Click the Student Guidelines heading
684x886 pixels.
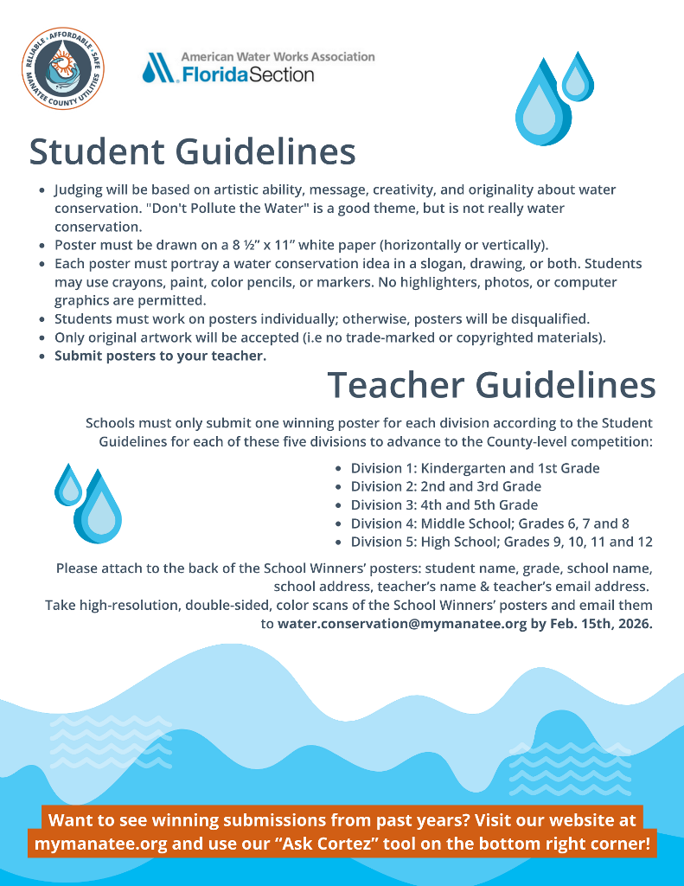[192, 151]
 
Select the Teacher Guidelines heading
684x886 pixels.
[491, 385]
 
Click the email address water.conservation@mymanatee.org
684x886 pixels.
[402, 623]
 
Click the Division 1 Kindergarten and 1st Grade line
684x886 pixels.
[475, 468]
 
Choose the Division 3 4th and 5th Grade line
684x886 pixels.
[444, 504]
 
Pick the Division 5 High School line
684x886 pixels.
[501, 542]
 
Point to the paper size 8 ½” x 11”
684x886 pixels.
[258, 245]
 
